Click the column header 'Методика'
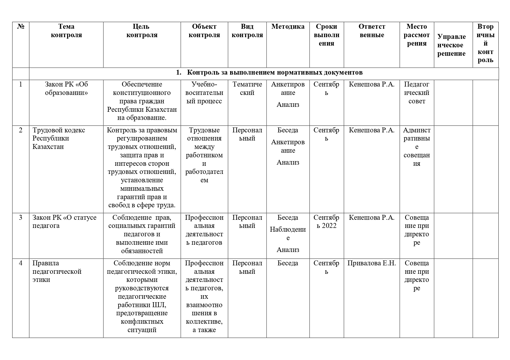click(288, 27)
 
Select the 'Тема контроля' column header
click(66, 31)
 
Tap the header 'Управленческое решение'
click(451, 45)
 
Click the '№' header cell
click(21, 27)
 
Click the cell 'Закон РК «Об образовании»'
click(66, 89)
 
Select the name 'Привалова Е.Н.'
click(372, 263)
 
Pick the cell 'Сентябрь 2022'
click(326, 222)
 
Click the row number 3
click(21, 217)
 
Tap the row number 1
click(21, 84)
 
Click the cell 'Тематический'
click(247, 89)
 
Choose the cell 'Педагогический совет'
click(417, 93)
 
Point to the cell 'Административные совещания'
click(417, 147)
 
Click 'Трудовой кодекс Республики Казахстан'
click(59, 138)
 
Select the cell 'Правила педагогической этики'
click(57, 271)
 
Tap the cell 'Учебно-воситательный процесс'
click(204, 93)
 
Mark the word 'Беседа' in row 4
click(288, 263)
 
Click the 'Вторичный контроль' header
click(485, 43)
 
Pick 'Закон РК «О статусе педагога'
click(64, 222)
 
